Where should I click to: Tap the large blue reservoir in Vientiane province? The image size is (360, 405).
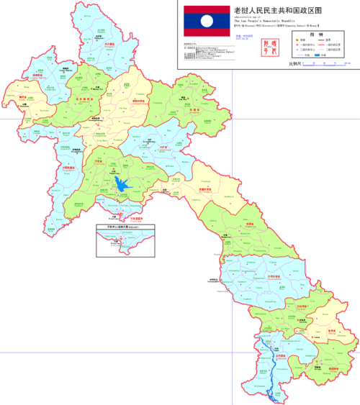(124, 186)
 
